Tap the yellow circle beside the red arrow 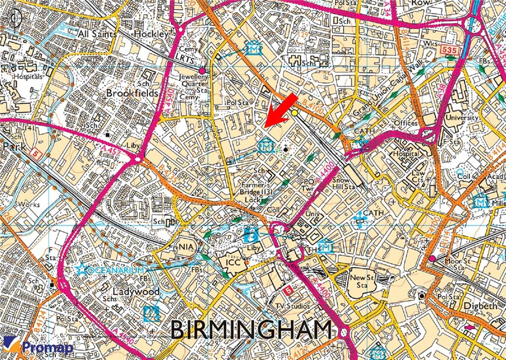[x=294, y=113]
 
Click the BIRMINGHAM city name [x=251, y=330]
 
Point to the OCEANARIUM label [x=112, y=269]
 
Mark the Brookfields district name [x=132, y=93]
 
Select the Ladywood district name [x=136, y=292]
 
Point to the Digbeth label [x=480, y=306]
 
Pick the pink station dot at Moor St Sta [x=432, y=258]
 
